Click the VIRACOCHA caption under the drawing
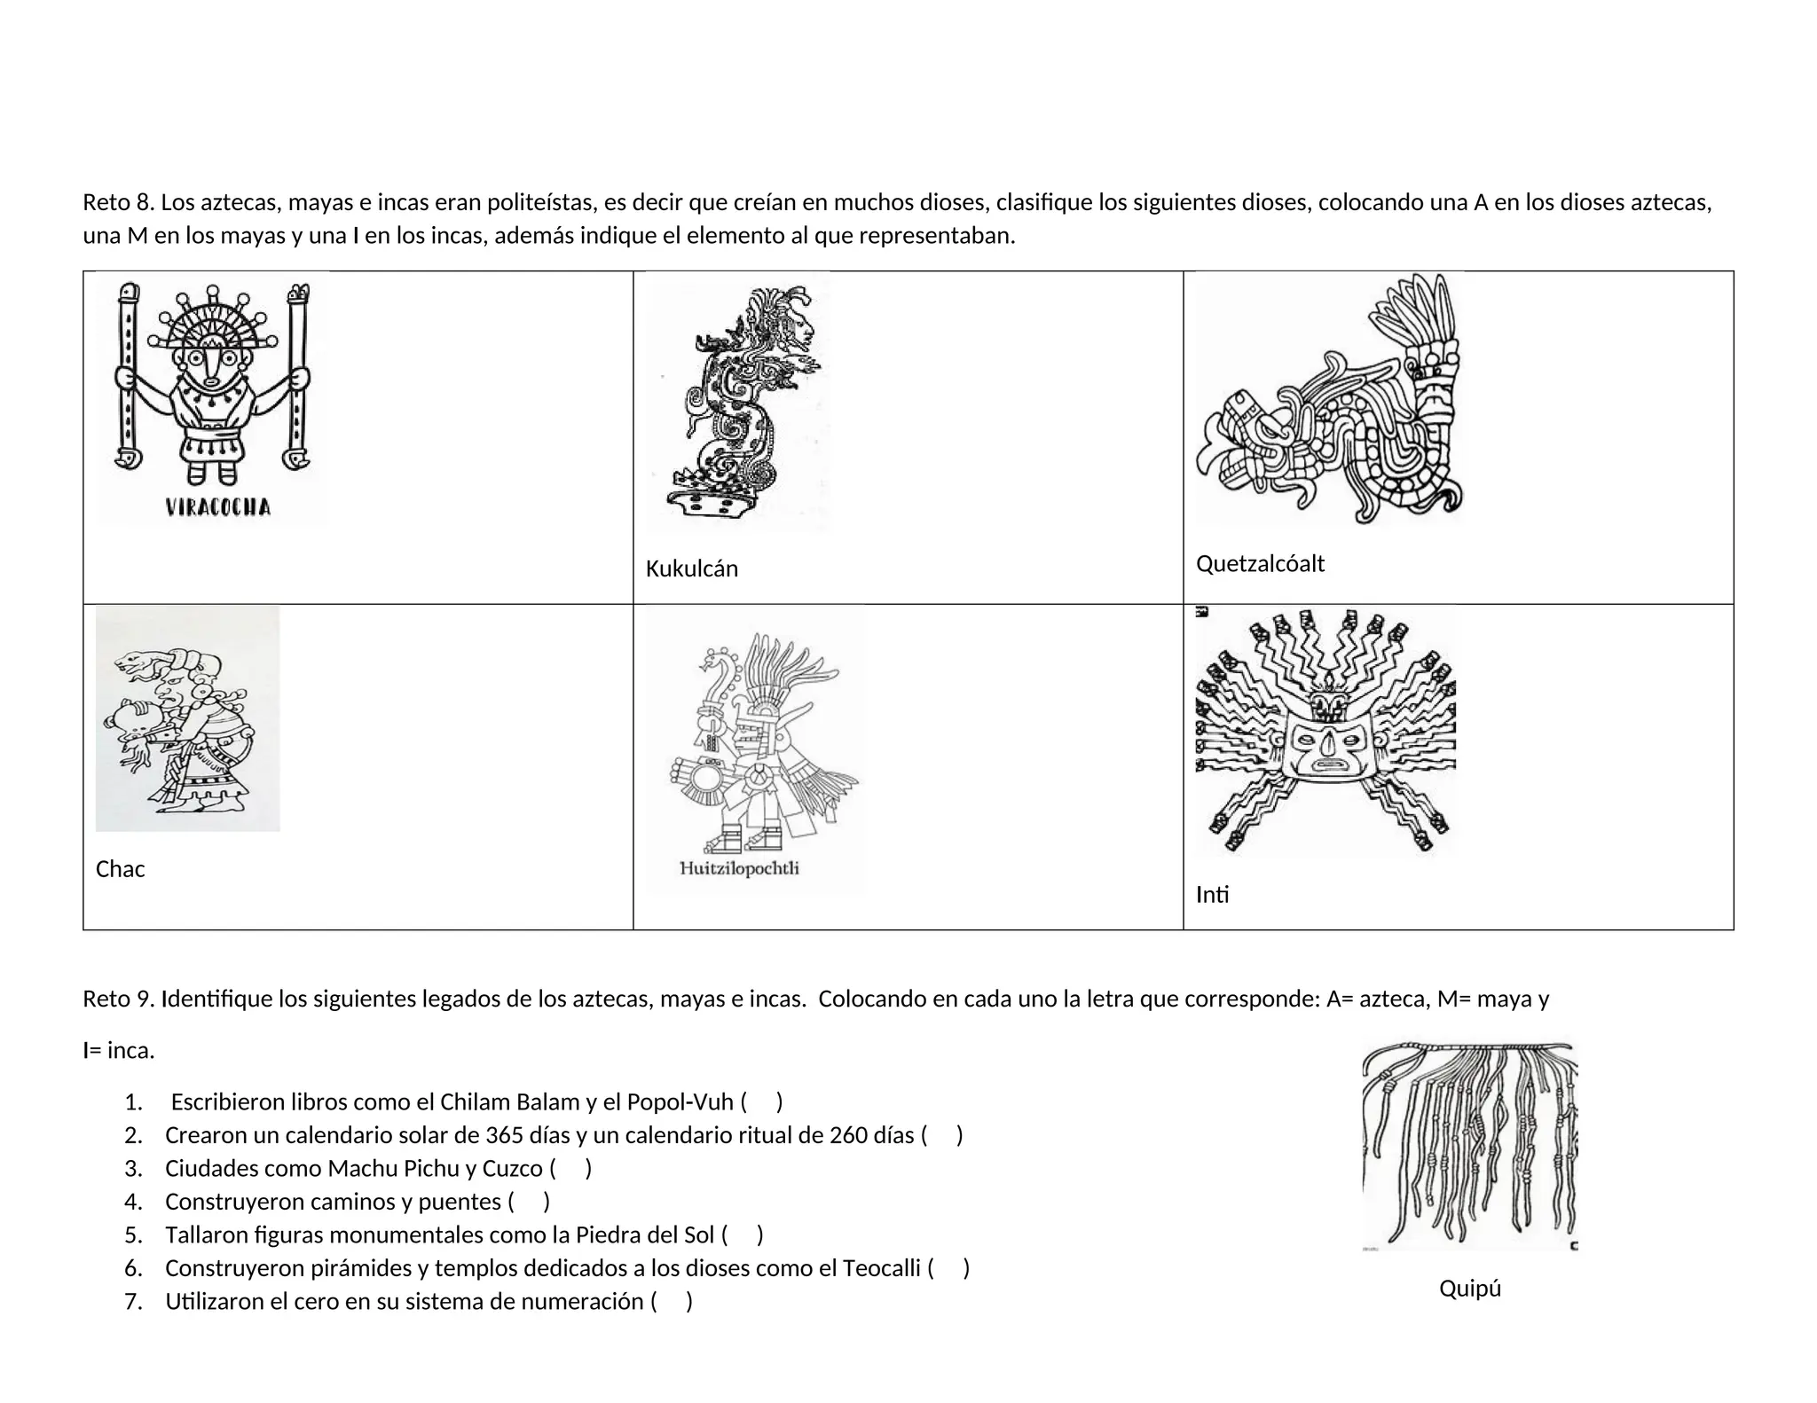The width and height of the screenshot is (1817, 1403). tap(218, 507)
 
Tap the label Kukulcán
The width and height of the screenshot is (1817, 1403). tap(691, 568)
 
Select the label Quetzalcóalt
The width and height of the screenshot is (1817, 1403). tap(1260, 563)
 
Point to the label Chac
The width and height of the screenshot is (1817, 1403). tap(120, 868)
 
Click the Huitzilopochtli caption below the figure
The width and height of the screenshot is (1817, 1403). tap(739, 868)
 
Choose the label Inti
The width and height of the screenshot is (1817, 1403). tap(1212, 894)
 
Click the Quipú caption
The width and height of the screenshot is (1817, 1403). tap(1469, 1288)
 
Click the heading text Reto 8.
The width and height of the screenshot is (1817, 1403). tap(118, 202)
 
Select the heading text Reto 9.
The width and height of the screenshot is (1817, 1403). tap(118, 999)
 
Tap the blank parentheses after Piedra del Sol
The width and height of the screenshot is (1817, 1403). tap(743, 1234)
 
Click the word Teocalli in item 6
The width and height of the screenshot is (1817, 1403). tap(881, 1268)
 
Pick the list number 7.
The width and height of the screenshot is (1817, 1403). tap(133, 1301)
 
